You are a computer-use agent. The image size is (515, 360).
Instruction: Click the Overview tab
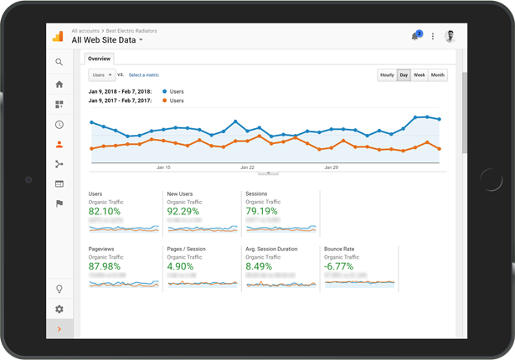[100, 59]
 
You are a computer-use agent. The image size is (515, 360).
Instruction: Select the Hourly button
[387, 75]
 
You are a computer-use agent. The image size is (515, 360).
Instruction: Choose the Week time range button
[420, 75]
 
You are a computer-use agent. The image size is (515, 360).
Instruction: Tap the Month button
[438, 75]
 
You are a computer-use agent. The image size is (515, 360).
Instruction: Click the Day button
[404, 75]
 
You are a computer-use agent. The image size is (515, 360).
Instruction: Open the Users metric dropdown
[101, 75]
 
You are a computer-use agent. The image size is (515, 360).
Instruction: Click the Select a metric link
[144, 75]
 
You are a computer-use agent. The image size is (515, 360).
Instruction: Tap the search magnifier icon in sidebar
[59, 62]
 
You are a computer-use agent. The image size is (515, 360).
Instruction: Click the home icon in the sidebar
[59, 85]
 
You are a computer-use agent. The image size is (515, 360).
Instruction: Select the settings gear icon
[59, 309]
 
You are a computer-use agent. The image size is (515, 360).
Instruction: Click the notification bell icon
[415, 37]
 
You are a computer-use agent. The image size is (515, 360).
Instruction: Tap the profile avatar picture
[451, 37]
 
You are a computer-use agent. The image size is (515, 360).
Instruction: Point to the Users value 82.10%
[105, 212]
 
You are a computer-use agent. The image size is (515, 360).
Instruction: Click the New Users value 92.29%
[183, 212]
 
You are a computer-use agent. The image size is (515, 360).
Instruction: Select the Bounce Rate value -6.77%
[339, 266]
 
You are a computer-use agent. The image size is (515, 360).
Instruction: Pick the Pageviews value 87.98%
[105, 266]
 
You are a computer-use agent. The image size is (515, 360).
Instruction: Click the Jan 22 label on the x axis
[247, 167]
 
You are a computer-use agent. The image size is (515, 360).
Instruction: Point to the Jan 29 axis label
[332, 167]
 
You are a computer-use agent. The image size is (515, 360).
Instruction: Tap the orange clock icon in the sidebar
[59, 125]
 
